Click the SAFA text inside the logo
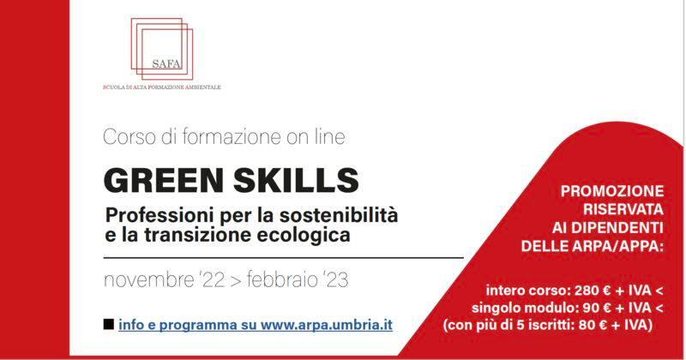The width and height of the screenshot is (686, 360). point(166,64)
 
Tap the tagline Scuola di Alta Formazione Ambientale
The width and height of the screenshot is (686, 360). point(162,87)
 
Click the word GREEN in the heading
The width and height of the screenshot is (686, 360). point(163,180)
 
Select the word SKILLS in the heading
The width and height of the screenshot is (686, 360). point(296,180)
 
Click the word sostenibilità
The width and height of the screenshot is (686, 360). point(339,215)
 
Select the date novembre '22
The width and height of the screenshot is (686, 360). point(164,280)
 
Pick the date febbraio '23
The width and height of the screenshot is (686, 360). point(298,280)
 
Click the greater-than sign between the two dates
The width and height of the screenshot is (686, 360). point(235,281)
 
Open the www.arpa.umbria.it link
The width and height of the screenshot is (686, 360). point(327,325)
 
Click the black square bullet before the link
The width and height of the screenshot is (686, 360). point(109,325)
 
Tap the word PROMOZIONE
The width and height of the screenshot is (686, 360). point(612,191)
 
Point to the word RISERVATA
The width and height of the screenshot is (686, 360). point(623,209)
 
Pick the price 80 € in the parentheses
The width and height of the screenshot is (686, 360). point(593,326)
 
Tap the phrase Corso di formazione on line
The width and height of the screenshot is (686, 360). point(224,137)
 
